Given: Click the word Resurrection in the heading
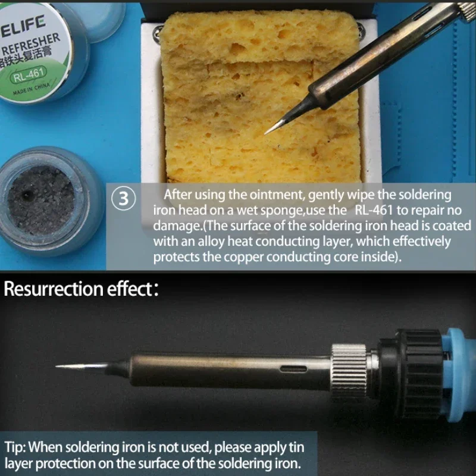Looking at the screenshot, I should pos(54,290).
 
